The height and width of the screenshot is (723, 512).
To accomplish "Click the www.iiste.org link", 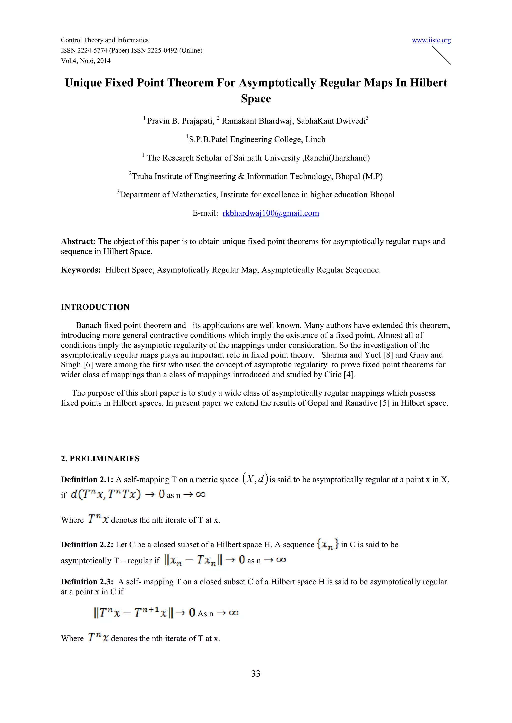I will (x=431, y=40).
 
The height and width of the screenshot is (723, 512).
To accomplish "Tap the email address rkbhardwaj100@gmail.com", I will (x=271, y=213).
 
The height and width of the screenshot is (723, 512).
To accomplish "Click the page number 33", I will (x=256, y=673).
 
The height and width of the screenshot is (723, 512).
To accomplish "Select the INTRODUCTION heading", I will (x=95, y=307).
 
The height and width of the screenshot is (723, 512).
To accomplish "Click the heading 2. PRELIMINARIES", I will (x=100, y=458).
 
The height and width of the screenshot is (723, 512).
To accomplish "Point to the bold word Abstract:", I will (x=78, y=241).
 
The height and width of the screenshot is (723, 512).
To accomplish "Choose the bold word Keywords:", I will (x=81, y=270).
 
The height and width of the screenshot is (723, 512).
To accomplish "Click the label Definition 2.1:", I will (x=87, y=479).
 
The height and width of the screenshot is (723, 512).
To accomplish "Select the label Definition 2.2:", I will (x=87, y=544).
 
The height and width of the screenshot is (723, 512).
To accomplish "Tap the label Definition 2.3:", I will (x=87, y=582).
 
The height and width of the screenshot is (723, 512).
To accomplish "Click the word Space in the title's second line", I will (x=256, y=99).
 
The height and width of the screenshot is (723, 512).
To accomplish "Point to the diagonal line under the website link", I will (x=441, y=55).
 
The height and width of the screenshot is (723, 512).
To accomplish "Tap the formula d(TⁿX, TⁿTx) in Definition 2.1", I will (x=105, y=494).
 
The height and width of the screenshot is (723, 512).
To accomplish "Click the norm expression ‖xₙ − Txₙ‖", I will (x=193, y=560).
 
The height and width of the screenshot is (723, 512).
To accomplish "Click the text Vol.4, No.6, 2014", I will (x=86, y=61).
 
